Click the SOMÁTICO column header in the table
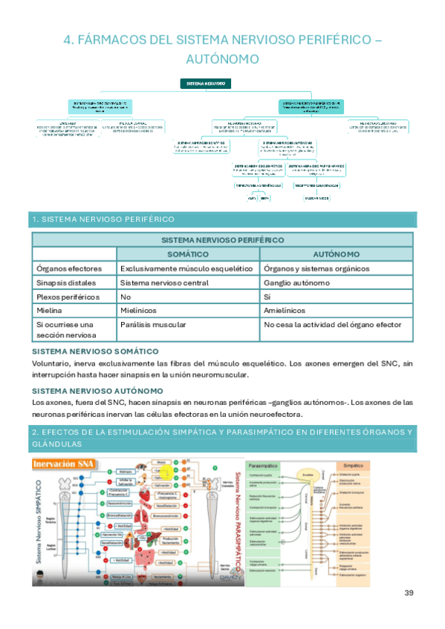[x=188, y=254]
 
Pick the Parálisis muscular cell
[x=150, y=324]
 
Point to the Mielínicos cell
[x=140, y=310]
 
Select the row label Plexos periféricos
[x=68, y=297]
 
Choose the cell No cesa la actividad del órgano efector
[x=332, y=324]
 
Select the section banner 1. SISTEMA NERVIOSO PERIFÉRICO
[x=103, y=220]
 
